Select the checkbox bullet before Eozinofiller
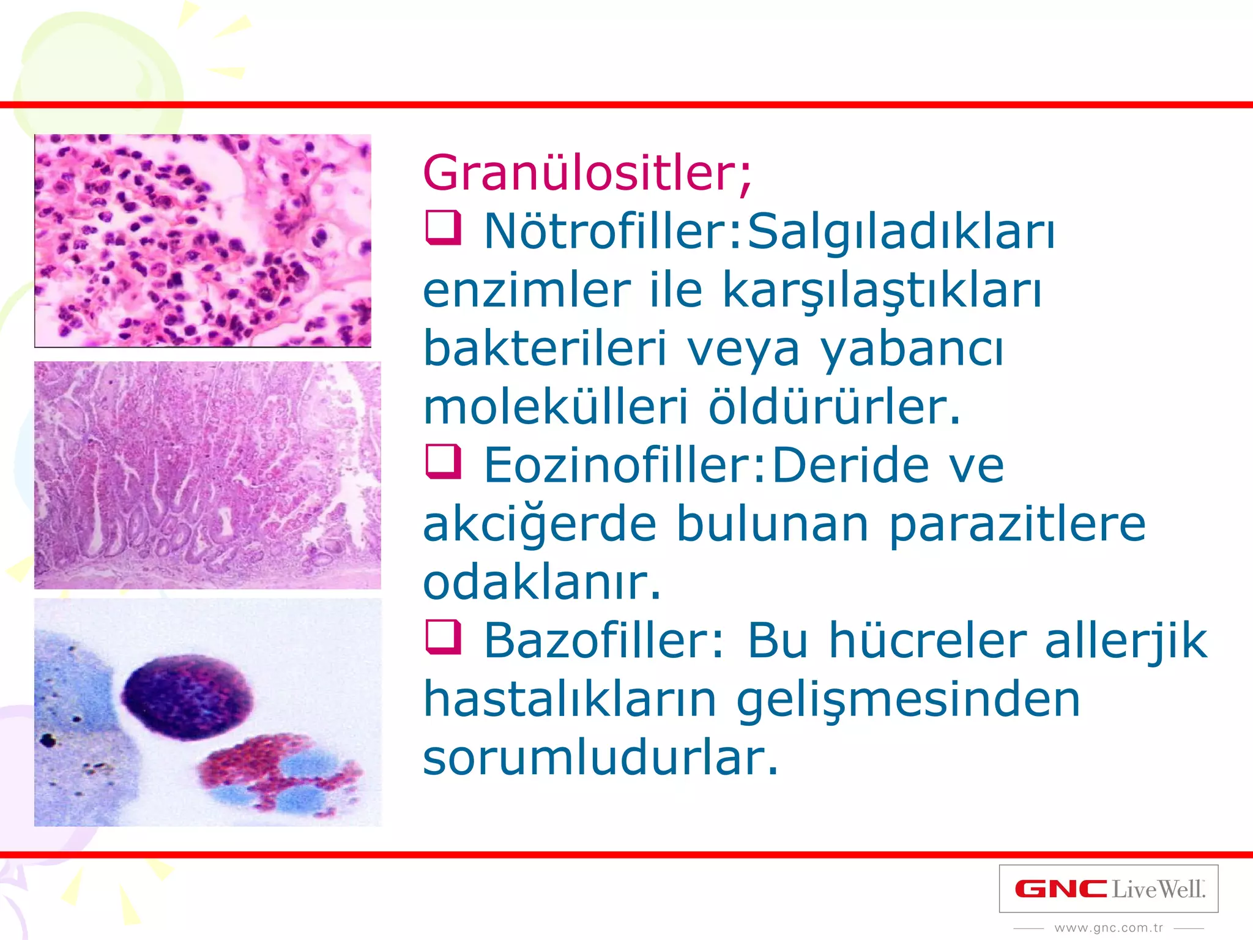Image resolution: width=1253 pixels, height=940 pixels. click(x=443, y=462)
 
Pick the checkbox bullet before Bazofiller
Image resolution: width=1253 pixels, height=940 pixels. click(x=443, y=637)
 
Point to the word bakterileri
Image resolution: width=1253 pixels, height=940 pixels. click(x=545, y=348)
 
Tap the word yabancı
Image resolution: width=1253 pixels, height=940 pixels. click(x=912, y=349)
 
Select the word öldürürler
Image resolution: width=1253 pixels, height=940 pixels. click(x=835, y=406)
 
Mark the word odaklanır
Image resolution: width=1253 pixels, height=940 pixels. click(x=542, y=582)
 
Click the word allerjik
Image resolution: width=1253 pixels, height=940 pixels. click(x=1126, y=641)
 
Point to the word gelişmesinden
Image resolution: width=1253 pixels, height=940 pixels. click(x=908, y=700)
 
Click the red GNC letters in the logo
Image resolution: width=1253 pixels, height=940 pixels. click(x=1061, y=889)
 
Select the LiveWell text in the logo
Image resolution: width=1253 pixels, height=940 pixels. click(x=1158, y=889)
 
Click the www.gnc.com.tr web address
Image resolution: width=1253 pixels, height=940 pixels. click(x=1109, y=928)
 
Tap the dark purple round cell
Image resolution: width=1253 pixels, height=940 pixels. click(x=187, y=696)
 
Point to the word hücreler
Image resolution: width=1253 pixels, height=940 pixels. click(x=928, y=641)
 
